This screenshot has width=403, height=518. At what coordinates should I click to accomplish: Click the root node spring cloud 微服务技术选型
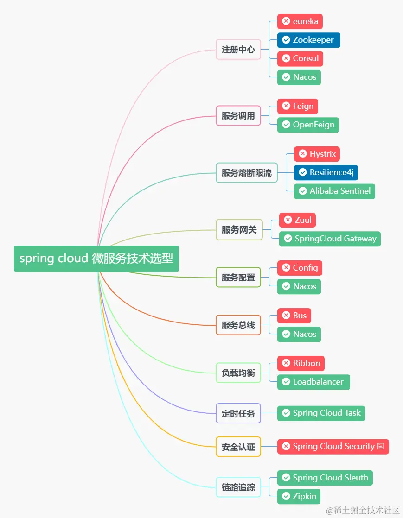click(x=96, y=259)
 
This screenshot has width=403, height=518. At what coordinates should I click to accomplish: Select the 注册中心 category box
click(x=238, y=50)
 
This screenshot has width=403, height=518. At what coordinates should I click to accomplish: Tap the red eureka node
click(x=300, y=21)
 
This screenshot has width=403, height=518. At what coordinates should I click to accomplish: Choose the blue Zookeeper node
click(x=308, y=40)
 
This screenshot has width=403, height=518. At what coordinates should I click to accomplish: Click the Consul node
click(x=300, y=58)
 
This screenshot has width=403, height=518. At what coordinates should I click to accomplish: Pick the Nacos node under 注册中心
click(x=299, y=77)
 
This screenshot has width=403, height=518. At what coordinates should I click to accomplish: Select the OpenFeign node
click(x=308, y=125)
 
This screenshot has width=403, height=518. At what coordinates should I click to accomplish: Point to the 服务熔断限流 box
click(x=246, y=173)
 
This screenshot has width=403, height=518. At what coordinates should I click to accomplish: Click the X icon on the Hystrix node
click(x=303, y=154)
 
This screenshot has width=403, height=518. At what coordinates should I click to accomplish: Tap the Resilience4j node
click(x=326, y=172)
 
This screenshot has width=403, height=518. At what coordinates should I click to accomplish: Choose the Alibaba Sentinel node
click(x=334, y=191)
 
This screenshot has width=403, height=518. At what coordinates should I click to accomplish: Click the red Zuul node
click(x=297, y=220)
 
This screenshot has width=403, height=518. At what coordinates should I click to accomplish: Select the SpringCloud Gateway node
click(x=329, y=239)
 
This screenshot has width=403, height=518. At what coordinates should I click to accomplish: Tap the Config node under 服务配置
click(x=300, y=268)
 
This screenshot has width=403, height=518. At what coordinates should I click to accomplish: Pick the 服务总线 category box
click(x=238, y=325)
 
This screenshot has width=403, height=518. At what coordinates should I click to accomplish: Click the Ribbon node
click(x=301, y=363)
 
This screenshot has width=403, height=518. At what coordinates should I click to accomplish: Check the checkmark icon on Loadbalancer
click(x=286, y=382)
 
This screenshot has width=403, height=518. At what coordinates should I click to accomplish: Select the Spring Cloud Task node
click(x=321, y=413)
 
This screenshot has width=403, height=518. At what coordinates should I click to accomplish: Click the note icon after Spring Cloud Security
click(x=381, y=446)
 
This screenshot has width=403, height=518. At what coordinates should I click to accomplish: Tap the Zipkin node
click(x=299, y=496)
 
